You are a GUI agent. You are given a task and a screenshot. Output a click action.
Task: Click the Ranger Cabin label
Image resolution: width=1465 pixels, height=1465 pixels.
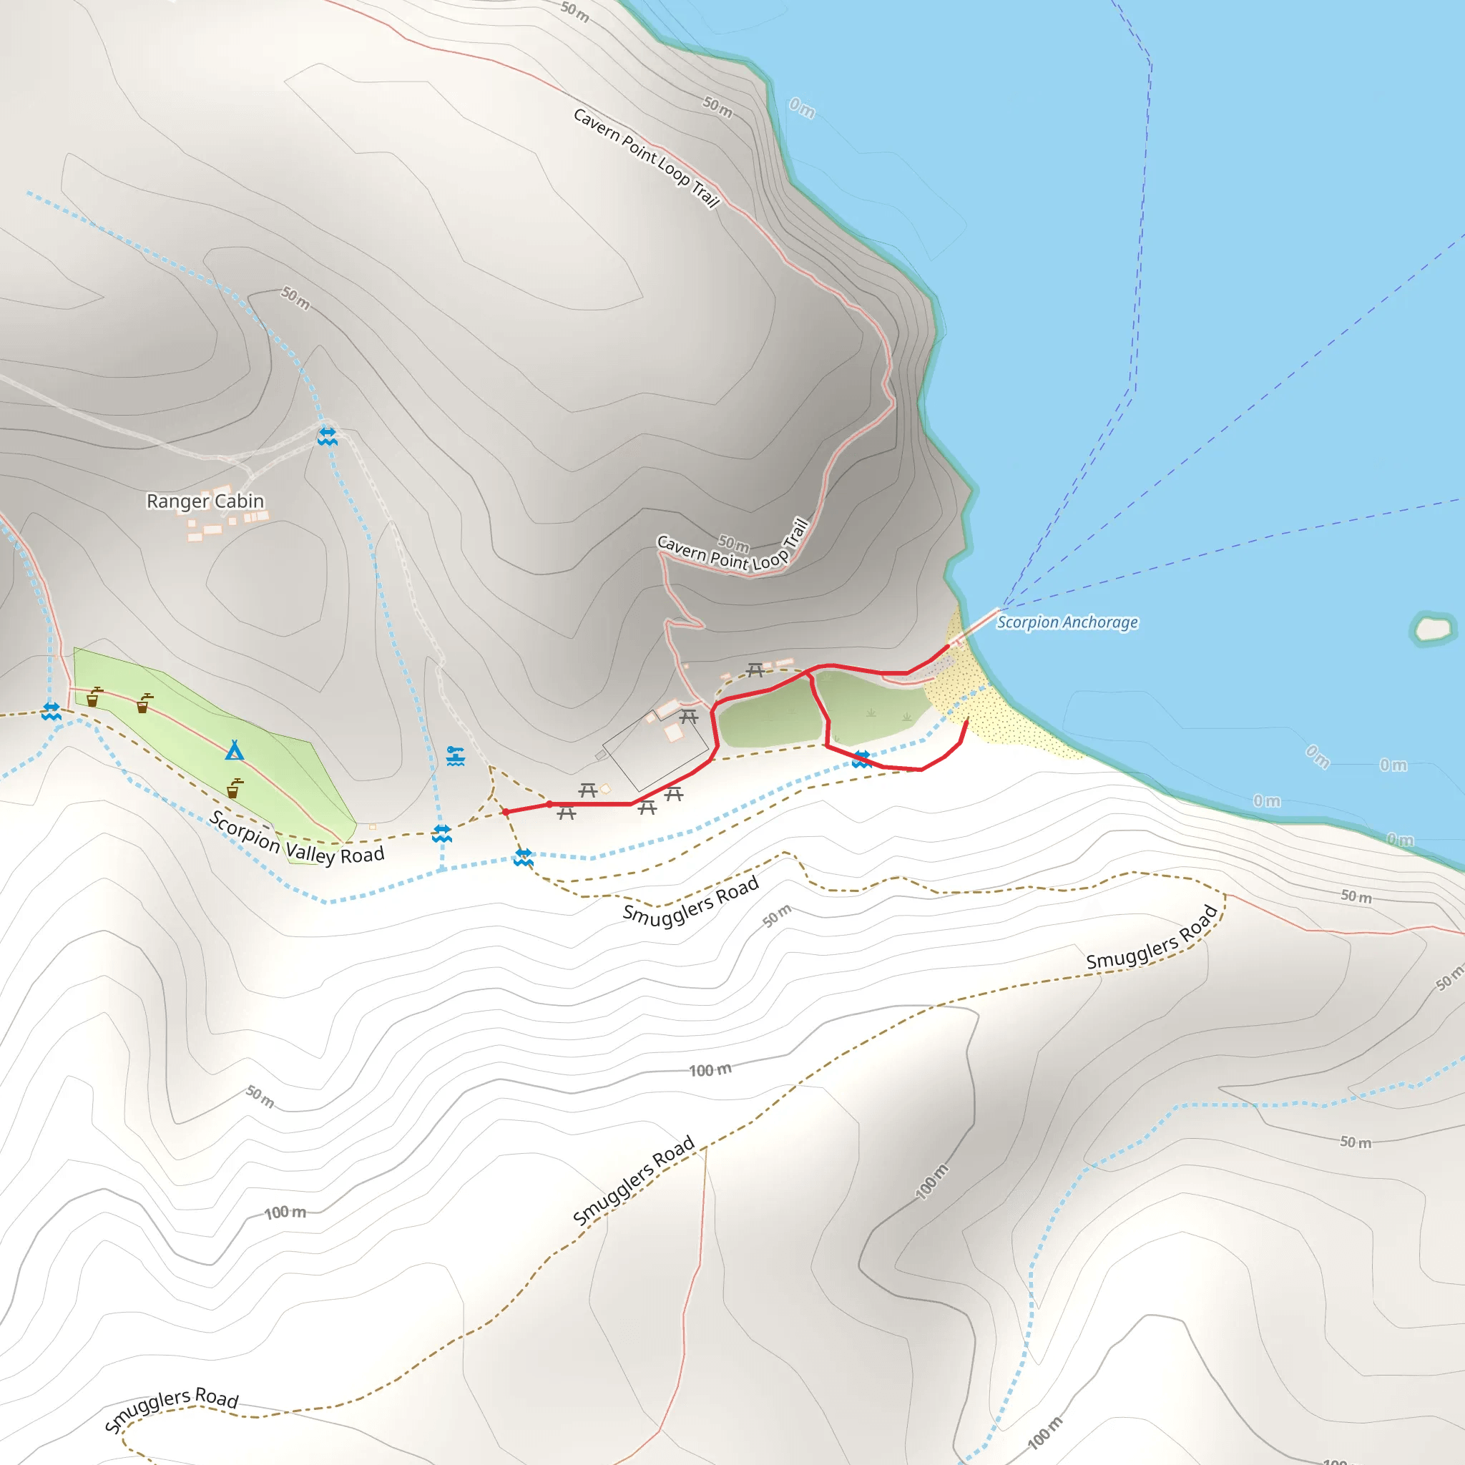pyautogui.click(x=205, y=501)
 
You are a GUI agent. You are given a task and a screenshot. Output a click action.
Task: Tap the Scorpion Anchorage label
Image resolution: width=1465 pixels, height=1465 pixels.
pyautogui.click(x=1066, y=622)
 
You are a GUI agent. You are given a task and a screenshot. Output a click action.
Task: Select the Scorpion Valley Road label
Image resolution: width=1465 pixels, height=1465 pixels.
pyautogui.click(x=296, y=838)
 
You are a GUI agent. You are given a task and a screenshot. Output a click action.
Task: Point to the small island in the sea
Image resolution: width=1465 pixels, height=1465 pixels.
pyautogui.click(x=1432, y=629)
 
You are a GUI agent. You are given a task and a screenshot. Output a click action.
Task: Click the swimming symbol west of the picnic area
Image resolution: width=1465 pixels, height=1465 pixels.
pyautogui.click(x=455, y=756)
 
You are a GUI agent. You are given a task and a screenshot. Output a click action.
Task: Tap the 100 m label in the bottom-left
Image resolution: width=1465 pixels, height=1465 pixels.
pyautogui.click(x=285, y=1212)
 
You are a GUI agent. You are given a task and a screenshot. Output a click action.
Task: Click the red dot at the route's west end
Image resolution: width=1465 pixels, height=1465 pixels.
pyautogui.click(x=505, y=812)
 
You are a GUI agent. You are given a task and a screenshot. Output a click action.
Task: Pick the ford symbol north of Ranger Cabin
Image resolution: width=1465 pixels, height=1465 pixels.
pyautogui.click(x=327, y=436)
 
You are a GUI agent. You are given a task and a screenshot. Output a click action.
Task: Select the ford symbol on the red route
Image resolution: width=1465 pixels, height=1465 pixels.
pyautogui.click(x=861, y=759)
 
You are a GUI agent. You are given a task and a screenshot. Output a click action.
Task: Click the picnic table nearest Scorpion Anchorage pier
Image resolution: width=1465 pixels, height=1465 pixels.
pyautogui.click(x=755, y=670)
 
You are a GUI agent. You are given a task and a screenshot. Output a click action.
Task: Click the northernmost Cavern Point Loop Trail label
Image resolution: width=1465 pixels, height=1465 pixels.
pyautogui.click(x=646, y=157)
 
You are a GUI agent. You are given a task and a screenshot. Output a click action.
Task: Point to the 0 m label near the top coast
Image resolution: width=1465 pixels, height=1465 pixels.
pyautogui.click(x=801, y=108)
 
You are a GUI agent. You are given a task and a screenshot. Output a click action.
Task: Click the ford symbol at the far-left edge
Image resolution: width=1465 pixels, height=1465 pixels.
pyautogui.click(x=52, y=711)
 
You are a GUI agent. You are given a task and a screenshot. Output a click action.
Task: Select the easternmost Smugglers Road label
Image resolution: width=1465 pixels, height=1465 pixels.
pyautogui.click(x=1152, y=938)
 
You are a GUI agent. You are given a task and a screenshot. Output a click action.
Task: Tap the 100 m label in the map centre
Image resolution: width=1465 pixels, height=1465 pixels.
pyautogui.click(x=710, y=1070)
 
